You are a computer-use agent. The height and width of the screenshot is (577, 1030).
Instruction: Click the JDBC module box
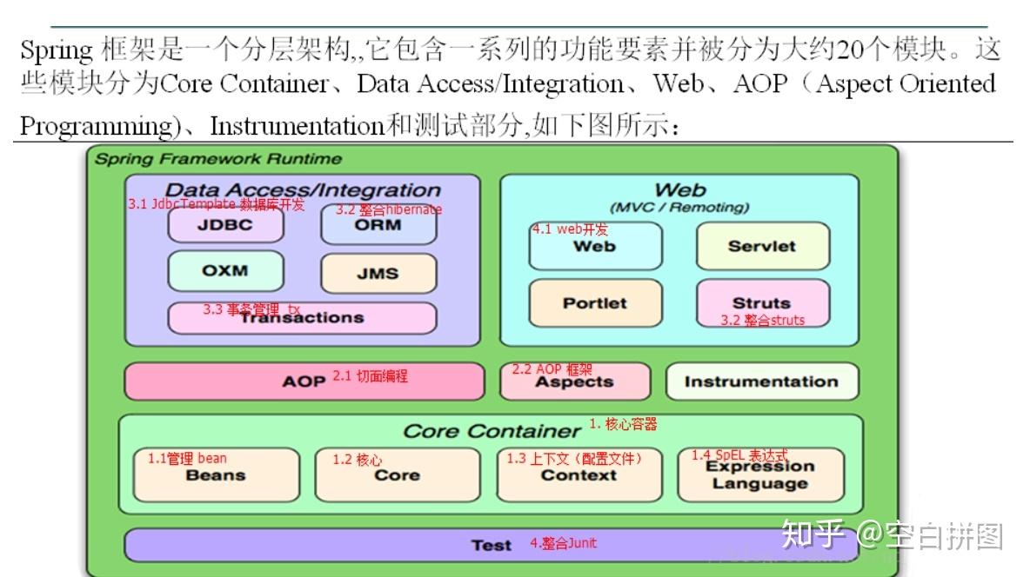point(225,225)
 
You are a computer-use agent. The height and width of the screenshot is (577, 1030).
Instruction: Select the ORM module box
point(378,225)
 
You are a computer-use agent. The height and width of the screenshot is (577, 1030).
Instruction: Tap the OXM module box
point(225,271)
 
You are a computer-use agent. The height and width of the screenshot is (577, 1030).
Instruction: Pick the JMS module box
point(378,273)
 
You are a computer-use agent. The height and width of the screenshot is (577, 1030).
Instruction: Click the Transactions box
point(302,318)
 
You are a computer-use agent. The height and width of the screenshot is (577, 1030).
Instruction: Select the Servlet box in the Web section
point(762,246)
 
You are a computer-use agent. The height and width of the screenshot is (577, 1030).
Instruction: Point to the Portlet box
point(595,303)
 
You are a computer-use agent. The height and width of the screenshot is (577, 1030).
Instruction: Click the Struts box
point(762,303)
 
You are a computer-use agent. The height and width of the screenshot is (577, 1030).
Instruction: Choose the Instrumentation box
point(761,381)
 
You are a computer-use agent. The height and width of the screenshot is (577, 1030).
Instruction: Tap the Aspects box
point(574,381)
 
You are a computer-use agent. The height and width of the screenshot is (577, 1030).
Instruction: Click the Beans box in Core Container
point(216,475)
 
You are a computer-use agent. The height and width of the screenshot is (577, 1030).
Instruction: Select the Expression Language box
point(760,475)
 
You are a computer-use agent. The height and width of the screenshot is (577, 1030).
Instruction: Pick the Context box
point(579,475)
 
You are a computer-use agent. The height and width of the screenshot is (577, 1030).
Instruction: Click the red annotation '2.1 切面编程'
point(370,376)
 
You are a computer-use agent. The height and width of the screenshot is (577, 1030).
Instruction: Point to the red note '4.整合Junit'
point(563,543)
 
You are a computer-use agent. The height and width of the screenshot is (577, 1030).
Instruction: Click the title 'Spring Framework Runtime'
point(218,159)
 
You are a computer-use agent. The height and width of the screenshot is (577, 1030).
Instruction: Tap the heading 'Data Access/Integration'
point(303,189)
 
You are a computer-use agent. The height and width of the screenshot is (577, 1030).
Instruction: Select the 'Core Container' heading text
point(492,431)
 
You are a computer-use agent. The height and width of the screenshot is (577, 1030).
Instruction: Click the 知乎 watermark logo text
point(813,534)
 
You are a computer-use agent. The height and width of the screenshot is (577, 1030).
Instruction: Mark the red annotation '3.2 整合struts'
point(762,320)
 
